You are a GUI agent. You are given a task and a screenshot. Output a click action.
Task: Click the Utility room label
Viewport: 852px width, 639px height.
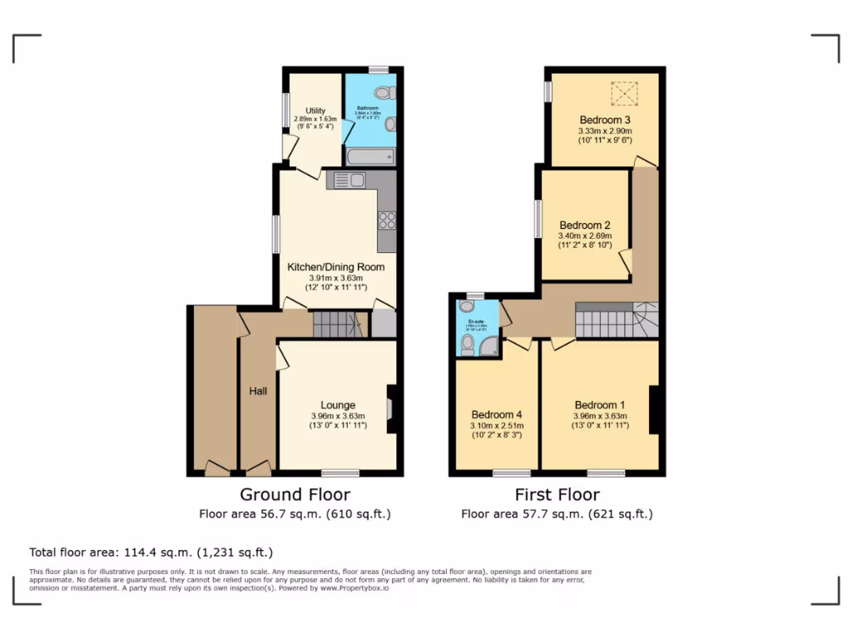(x=315, y=111)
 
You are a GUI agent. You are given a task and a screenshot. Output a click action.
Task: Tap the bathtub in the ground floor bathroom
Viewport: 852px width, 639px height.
(x=369, y=156)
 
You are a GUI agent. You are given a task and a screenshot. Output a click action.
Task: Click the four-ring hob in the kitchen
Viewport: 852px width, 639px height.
(x=387, y=220)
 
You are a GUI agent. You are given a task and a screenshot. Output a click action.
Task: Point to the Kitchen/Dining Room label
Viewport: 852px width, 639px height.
(x=336, y=267)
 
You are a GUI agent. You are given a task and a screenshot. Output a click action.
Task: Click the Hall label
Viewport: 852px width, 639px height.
(x=258, y=390)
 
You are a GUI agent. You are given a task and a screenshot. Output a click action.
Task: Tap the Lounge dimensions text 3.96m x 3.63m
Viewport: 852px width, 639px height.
(x=338, y=416)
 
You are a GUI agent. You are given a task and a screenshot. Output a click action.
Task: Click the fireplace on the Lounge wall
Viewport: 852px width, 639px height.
(x=393, y=408)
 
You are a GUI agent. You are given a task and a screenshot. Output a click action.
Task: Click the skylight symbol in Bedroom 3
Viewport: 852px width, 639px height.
(x=623, y=94)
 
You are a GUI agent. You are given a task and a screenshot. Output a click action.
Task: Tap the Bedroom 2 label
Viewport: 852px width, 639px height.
(x=585, y=225)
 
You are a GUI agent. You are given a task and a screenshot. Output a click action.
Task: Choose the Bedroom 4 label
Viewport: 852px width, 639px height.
(x=497, y=414)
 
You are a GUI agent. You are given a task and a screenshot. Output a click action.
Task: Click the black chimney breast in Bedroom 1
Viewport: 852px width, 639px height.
(x=656, y=409)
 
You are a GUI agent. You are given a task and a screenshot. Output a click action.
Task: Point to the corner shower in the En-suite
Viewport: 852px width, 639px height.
(x=491, y=347)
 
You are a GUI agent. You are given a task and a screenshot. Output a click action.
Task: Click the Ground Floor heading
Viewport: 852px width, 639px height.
(x=295, y=495)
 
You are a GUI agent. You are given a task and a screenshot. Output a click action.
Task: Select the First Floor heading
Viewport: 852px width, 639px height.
(x=557, y=495)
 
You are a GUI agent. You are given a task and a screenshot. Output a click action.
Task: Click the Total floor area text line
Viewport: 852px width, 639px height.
(x=151, y=552)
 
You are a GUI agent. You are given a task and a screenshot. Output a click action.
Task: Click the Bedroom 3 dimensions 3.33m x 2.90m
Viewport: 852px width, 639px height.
(x=605, y=131)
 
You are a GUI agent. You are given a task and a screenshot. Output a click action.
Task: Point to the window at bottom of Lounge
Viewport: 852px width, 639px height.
(x=340, y=473)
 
